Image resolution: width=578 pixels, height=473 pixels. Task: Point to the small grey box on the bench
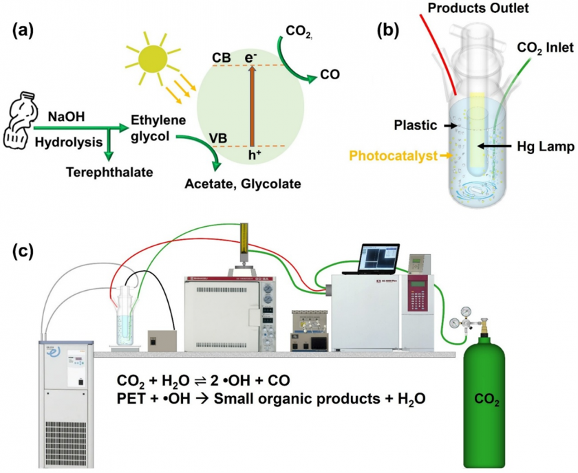(x=162, y=338)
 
